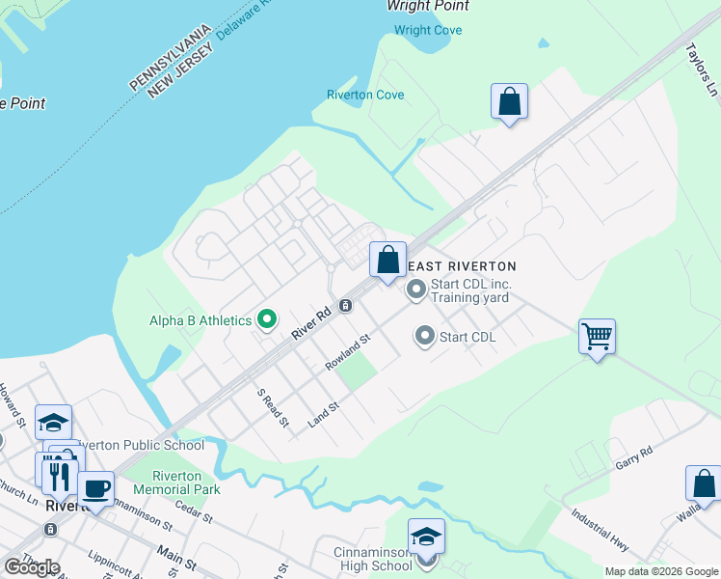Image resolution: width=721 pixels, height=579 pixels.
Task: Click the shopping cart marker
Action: point(597,337)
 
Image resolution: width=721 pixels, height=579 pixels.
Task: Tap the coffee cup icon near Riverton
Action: point(96,488)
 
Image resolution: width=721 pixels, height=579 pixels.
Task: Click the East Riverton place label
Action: point(462,266)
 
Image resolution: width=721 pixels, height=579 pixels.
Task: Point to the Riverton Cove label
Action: point(364,96)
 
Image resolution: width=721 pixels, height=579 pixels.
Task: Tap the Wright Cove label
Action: point(428,31)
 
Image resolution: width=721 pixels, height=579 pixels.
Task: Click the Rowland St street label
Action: point(348,353)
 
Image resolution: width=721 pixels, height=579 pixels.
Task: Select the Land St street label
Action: point(324,414)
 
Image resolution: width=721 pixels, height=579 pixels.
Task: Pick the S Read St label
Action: point(273,407)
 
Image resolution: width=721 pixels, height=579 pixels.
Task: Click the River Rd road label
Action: point(311,322)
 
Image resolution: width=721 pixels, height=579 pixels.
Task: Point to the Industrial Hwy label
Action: point(599,531)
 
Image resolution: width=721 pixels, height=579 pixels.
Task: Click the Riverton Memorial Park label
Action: point(176,482)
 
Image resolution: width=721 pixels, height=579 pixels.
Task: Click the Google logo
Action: point(32,567)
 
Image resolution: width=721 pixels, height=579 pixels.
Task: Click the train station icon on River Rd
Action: point(345,306)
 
